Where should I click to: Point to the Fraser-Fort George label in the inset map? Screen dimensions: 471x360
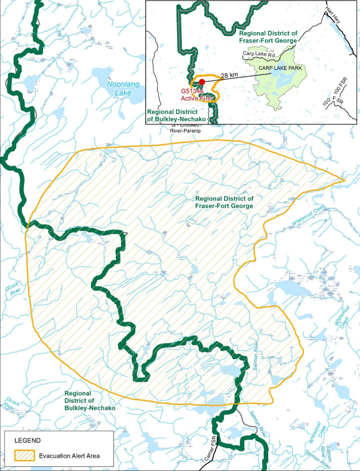click(x=267, y=37)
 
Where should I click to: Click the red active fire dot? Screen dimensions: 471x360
click(x=201, y=82)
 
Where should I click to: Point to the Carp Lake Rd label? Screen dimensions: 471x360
click(x=259, y=54)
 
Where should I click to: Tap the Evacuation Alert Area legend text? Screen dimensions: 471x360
click(x=69, y=456)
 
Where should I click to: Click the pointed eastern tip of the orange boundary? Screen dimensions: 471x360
click(x=346, y=181)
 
